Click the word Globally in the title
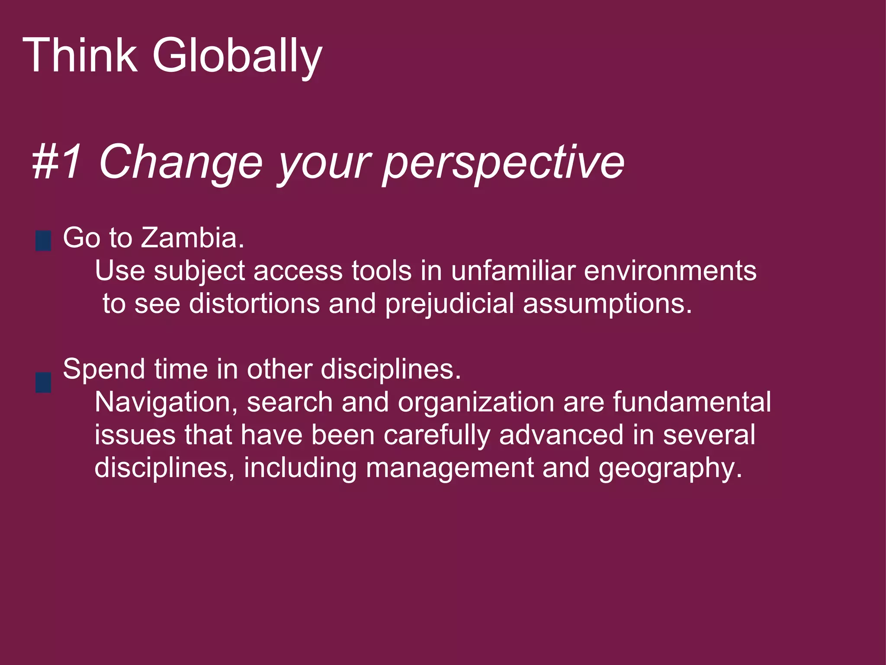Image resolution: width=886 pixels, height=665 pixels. pos(237,57)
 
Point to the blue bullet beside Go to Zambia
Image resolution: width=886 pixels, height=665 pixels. pos(43,241)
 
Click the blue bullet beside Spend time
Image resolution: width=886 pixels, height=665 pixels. pos(43,382)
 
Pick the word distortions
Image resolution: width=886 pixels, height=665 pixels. pos(254,303)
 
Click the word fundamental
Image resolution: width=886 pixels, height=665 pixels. pos(692,402)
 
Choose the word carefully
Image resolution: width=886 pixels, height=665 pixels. pos(437,436)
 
